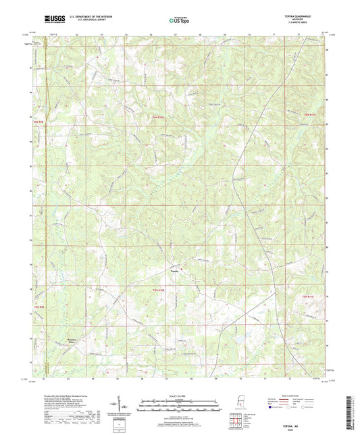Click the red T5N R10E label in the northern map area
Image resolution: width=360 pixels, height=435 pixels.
(x=157, y=119)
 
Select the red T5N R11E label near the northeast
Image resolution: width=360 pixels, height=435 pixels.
(x=309, y=118)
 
